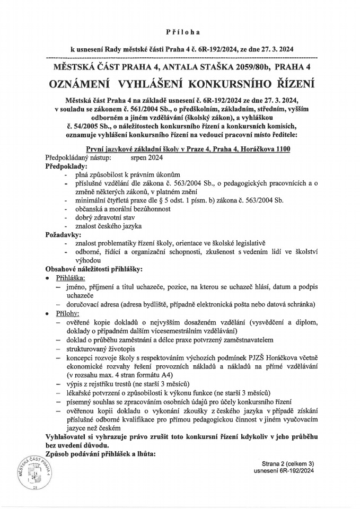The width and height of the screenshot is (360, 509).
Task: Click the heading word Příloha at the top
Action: click(180, 32)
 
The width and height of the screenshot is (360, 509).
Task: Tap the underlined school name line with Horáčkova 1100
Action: click(188, 150)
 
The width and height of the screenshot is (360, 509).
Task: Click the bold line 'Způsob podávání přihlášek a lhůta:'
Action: click(105, 454)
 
